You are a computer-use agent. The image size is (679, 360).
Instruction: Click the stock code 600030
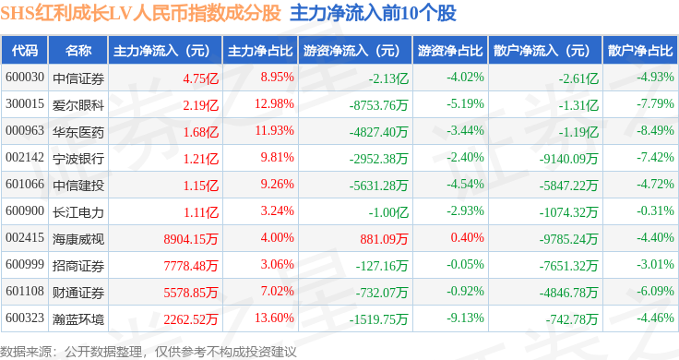point(25,78)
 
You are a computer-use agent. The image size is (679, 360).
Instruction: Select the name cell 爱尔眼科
point(78,105)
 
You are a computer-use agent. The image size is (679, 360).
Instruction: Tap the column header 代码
point(25,51)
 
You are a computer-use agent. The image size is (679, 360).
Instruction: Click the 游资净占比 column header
point(450,51)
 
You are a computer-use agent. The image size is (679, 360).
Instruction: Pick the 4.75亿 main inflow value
point(200,78)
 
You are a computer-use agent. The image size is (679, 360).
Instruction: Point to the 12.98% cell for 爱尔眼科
point(274,104)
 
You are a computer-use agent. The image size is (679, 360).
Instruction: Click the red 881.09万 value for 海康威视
point(384,239)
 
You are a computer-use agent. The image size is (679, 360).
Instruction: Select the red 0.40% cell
point(467,237)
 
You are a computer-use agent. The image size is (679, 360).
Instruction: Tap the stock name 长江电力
point(78,211)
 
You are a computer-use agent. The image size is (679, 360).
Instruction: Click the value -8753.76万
point(378,105)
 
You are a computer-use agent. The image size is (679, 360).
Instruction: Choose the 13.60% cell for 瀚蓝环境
point(274,318)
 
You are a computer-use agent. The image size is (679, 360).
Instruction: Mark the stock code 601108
point(25,291)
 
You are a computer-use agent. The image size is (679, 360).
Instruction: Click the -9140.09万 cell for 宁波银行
point(568,159)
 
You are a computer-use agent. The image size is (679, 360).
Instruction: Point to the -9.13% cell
point(465,318)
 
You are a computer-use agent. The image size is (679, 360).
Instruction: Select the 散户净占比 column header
point(640,51)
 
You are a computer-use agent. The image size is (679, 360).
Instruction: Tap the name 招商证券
point(78,266)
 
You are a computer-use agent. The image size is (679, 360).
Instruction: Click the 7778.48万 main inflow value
point(191,266)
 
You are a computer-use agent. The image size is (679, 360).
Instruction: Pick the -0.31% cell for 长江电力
point(655,211)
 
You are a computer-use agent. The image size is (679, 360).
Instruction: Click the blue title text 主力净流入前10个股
point(373,13)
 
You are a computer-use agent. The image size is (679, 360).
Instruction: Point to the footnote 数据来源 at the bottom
point(26,352)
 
